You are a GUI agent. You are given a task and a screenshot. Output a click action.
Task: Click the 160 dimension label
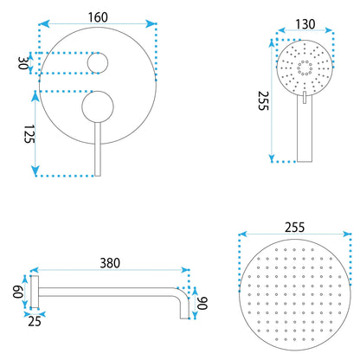98,17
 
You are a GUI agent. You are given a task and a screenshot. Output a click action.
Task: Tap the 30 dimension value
23,63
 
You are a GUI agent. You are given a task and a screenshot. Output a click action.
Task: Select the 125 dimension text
29,134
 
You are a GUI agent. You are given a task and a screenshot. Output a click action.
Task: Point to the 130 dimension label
305,24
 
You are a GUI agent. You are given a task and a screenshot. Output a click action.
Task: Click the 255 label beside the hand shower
263,100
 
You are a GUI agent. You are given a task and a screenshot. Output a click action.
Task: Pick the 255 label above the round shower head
294,228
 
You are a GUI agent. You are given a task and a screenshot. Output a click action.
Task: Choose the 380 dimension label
110,263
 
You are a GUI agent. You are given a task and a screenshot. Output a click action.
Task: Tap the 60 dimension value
18,292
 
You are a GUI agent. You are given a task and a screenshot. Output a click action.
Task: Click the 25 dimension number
35,322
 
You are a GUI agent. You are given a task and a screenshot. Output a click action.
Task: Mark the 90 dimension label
202,303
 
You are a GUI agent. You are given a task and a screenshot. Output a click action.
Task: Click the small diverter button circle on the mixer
98,63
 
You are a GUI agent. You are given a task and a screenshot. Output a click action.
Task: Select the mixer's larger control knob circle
98,107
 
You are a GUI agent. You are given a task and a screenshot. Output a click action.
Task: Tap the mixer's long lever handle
98,149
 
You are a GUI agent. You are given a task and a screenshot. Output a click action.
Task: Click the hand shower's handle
305,128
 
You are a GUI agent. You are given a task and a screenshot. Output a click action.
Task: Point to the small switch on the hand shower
305,97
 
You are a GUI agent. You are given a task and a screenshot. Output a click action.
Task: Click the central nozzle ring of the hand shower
305,67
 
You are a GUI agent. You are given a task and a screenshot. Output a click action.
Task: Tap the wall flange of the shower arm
35,292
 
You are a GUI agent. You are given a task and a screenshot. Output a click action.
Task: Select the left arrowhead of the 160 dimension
44,24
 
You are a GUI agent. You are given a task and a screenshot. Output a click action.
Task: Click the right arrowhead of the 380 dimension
183,270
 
